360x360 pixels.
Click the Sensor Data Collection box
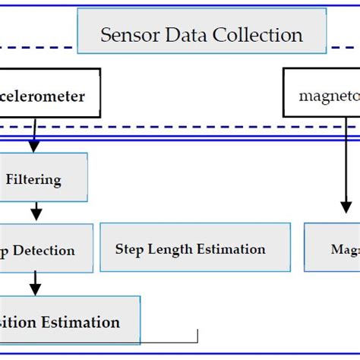[x=202, y=34]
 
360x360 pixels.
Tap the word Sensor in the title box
[x=125, y=35]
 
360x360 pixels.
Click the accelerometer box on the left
[x=49, y=96]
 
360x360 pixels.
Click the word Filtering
[x=33, y=181]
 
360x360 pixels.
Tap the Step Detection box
[x=46, y=250]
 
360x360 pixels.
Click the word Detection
[x=47, y=251]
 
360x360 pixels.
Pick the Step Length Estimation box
[x=194, y=248]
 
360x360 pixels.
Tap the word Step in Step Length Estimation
[x=130, y=249]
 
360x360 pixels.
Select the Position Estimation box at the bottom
[x=68, y=322]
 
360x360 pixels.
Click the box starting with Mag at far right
[x=333, y=248]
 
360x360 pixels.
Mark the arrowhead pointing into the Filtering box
[x=33, y=146]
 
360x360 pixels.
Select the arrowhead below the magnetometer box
[x=346, y=207]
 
